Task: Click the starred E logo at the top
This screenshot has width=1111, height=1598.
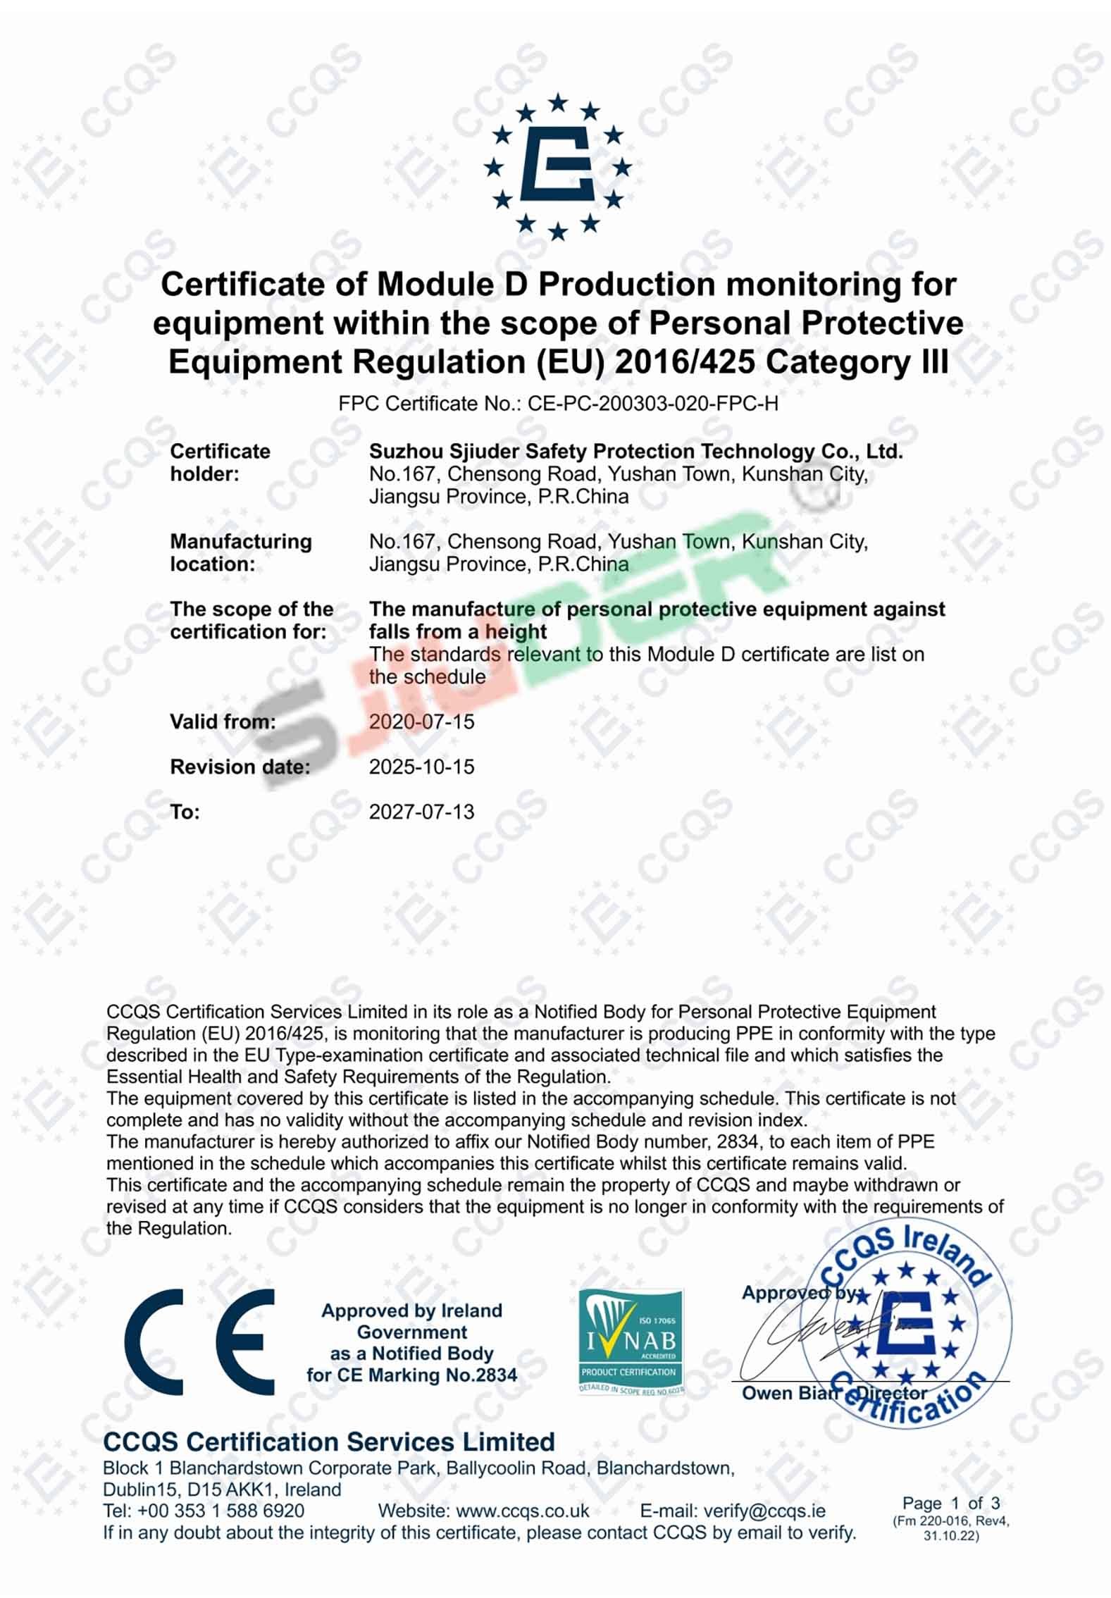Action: coord(557,166)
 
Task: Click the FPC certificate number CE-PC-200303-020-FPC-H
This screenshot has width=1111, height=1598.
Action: coord(652,404)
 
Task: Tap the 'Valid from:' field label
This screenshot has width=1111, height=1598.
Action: coord(223,722)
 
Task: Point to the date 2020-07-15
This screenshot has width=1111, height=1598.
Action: coord(421,722)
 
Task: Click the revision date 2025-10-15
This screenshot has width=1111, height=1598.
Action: coord(421,767)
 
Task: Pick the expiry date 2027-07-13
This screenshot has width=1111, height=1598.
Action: coord(421,812)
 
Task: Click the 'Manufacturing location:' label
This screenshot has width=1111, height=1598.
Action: coord(240,553)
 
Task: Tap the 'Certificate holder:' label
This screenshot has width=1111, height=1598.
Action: coord(220,463)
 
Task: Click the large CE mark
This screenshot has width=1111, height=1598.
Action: coord(199,1342)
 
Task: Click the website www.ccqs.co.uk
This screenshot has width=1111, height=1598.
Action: coord(523,1511)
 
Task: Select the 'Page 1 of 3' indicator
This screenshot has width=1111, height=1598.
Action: coord(950,1504)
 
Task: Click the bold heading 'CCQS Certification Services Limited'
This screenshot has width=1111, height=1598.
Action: coord(328,1442)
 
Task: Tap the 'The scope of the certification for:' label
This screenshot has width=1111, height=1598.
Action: coord(252,621)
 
